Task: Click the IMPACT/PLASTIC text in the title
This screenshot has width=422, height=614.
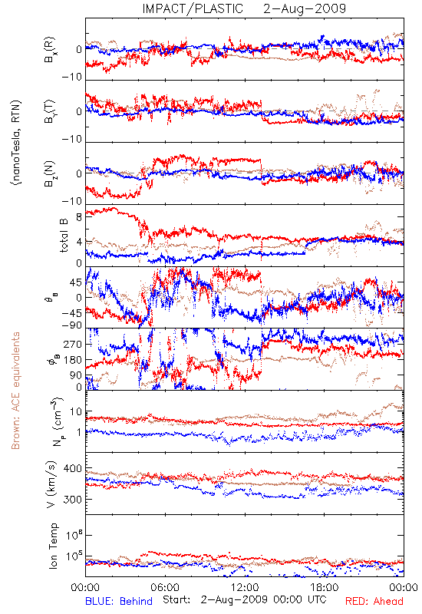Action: (193, 8)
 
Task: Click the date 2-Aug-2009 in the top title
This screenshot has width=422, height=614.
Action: (305, 8)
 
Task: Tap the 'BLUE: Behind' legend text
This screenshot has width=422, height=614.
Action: (119, 601)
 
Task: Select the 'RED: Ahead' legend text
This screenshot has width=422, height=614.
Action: (374, 601)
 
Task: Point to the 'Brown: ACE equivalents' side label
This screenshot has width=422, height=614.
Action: (15, 391)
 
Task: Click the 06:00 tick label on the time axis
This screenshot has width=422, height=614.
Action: (165, 588)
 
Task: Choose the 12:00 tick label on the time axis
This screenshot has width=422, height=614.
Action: (245, 588)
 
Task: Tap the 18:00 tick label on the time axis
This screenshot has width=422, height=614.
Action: (325, 588)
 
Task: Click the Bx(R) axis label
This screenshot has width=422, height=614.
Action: (49, 50)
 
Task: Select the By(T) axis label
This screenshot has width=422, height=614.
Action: (49, 111)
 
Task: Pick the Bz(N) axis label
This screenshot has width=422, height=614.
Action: (49, 173)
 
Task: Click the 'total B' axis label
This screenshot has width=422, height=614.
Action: (64, 235)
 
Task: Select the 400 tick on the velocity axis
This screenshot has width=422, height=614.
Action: (72, 468)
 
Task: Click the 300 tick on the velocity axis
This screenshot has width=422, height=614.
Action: (72, 500)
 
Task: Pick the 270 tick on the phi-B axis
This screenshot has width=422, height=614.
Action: (72, 344)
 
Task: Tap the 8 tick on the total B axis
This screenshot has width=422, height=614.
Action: (79, 217)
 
